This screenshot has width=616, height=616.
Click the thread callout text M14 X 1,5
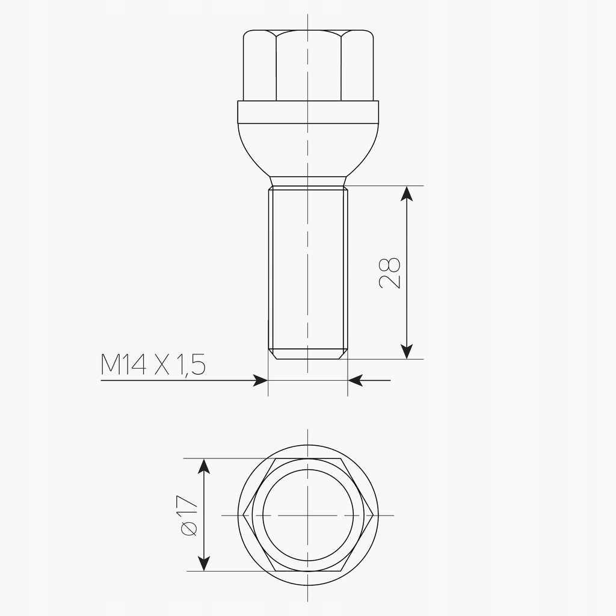click(153, 365)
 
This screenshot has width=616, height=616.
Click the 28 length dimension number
click(390, 274)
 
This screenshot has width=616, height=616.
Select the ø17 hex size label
click(188, 516)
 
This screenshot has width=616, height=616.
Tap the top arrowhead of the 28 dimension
click(407, 193)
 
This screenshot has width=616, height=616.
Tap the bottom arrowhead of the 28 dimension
click(407, 351)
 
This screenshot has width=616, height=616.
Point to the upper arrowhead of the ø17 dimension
click(203, 466)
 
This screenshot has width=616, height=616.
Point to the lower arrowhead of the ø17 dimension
click(203, 563)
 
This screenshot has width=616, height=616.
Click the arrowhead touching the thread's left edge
click(260, 380)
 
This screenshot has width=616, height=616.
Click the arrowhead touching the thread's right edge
click(356, 380)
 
